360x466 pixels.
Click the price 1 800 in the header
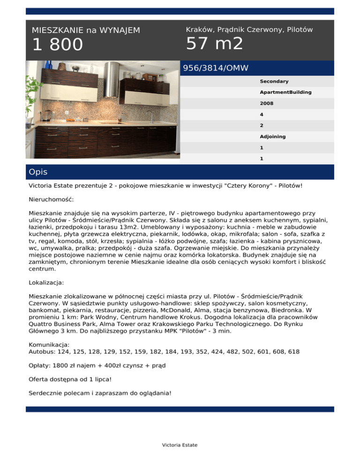click(x=57, y=45)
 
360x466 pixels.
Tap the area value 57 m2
click(x=215, y=44)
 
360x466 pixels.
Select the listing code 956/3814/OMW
click(x=216, y=68)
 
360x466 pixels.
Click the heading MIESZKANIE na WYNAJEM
click(x=86, y=30)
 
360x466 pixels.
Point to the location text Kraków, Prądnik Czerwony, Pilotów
click(x=249, y=30)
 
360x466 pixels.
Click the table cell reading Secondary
click(x=274, y=82)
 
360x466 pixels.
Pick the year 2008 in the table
click(x=267, y=104)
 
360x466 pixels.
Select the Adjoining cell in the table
click(x=273, y=137)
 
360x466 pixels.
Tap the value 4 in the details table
click(x=262, y=114)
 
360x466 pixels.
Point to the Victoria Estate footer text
click(x=180, y=445)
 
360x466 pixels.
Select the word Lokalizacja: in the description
click(x=46, y=283)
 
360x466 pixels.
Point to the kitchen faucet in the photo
click(x=152, y=116)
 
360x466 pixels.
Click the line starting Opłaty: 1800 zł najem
click(x=97, y=365)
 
